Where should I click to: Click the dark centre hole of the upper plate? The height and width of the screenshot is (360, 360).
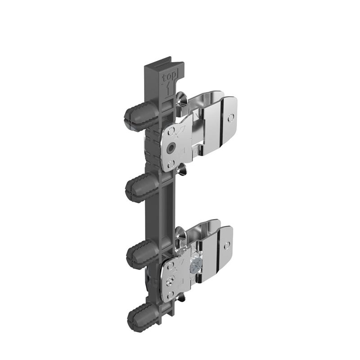pos(171,148)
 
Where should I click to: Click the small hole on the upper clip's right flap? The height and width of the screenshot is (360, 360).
pos(231,118)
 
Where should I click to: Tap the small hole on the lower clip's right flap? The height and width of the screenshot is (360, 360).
pos(226,244)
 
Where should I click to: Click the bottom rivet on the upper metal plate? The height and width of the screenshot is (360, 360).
pos(170,163)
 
